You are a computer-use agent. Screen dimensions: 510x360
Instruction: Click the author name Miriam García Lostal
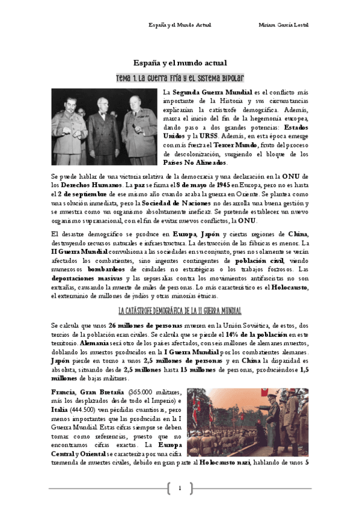point(283,25)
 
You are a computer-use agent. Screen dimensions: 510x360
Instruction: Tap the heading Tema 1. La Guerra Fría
point(180,79)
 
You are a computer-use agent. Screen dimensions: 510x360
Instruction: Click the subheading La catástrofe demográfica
point(180,311)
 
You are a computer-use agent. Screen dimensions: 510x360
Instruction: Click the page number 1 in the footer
point(180,488)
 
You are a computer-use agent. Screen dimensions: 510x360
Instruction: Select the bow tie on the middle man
point(104,118)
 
